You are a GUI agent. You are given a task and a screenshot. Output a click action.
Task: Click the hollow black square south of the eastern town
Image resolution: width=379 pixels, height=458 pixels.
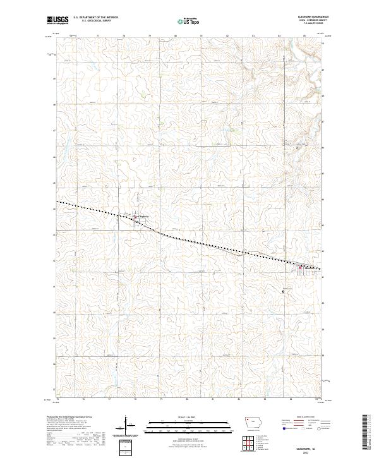(284, 291)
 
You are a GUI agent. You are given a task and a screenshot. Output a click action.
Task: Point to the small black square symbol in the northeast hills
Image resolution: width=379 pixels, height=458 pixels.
(298, 148)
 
